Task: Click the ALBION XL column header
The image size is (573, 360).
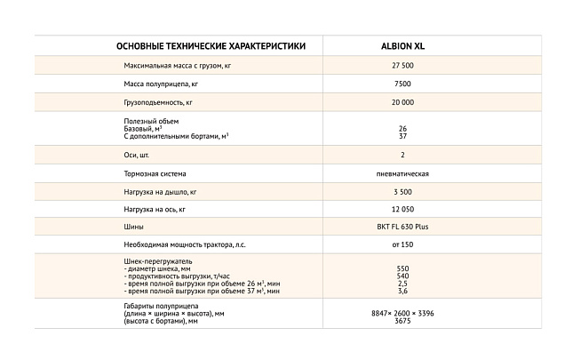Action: (x=402, y=46)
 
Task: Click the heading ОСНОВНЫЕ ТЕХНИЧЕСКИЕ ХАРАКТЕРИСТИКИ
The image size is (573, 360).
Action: (x=211, y=46)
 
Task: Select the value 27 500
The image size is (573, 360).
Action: (x=402, y=67)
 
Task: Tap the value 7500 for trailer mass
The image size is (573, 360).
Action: (x=402, y=84)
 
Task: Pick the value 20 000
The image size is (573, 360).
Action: (x=402, y=103)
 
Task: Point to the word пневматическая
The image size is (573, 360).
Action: (x=402, y=173)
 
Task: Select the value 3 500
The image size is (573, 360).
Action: (x=402, y=191)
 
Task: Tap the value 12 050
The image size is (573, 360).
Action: (x=402, y=209)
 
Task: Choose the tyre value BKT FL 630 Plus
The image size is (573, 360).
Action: (x=402, y=227)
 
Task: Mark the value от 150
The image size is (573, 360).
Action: (x=402, y=244)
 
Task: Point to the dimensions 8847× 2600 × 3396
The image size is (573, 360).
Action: (x=402, y=313)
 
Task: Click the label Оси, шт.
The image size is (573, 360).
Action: (x=137, y=155)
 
